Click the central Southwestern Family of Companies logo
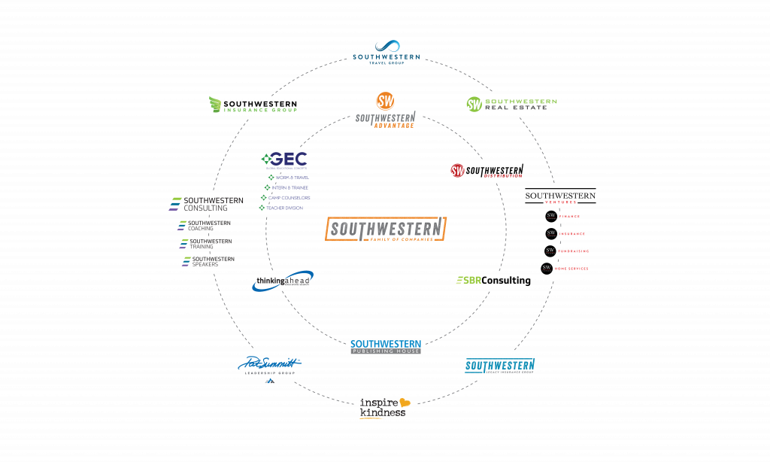pyautogui.click(x=386, y=229)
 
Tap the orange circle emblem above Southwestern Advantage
pyautogui.click(x=385, y=101)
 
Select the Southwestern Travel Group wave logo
pyautogui.click(x=387, y=47)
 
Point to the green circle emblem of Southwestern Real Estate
pyautogui.click(x=474, y=103)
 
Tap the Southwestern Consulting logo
pyautogui.click(x=207, y=203)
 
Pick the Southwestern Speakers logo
pyautogui.click(x=208, y=261)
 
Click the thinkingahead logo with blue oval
pyautogui.click(x=283, y=281)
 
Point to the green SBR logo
pyautogui.click(x=468, y=281)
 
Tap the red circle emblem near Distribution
pyautogui.click(x=457, y=171)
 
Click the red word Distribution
pyautogui.click(x=503, y=176)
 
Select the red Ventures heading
pyautogui.click(x=561, y=202)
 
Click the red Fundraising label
pyautogui.click(x=573, y=251)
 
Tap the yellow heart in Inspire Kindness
pyautogui.click(x=405, y=403)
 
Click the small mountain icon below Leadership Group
pyautogui.click(x=269, y=381)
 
